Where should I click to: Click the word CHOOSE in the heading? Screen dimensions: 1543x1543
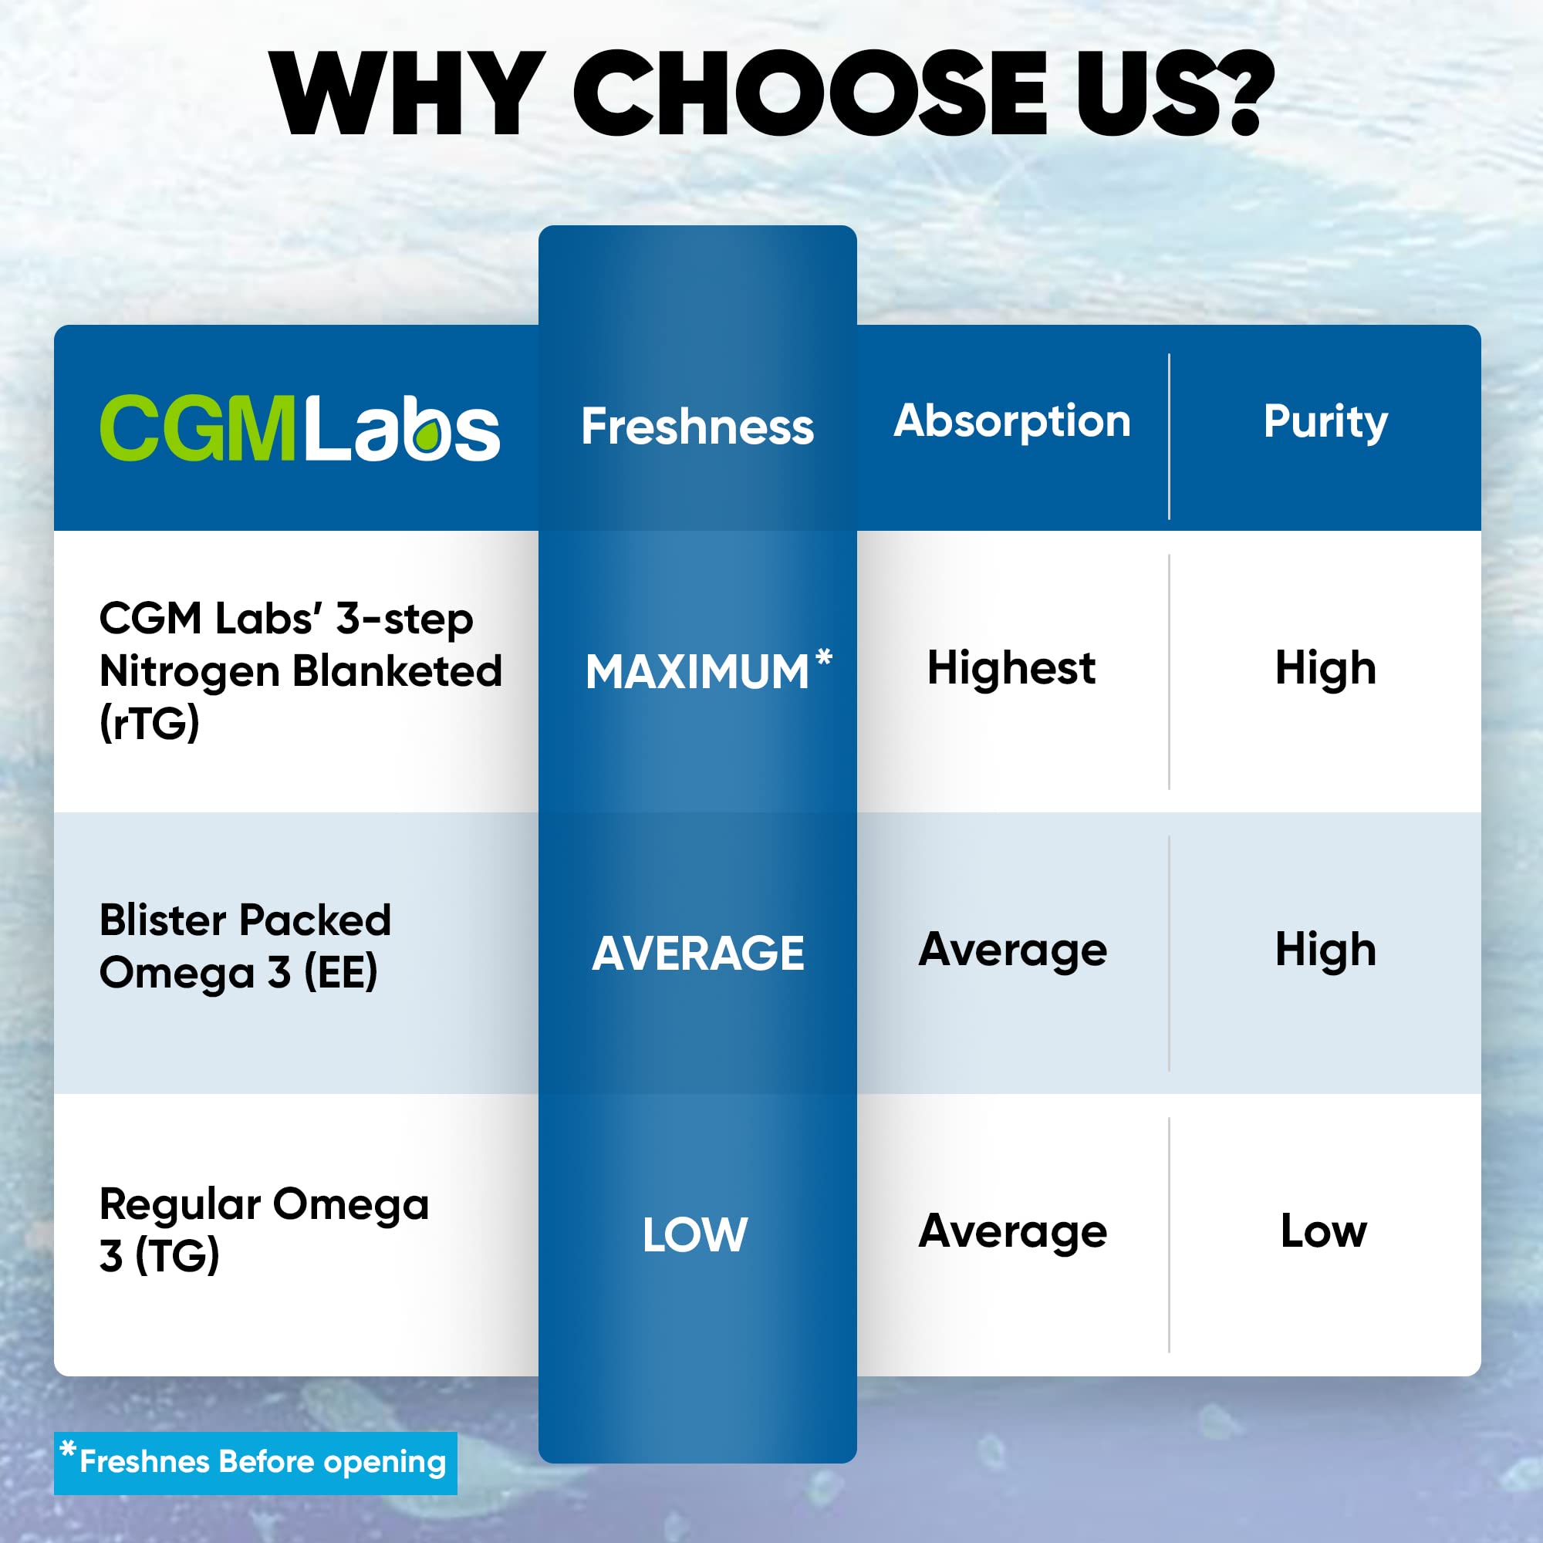(x=810, y=94)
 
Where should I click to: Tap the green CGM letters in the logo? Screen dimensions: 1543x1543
(x=197, y=428)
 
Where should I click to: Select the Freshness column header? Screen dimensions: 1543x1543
(x=697, y=427)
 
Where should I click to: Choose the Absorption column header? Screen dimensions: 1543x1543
(x=1012, y=422)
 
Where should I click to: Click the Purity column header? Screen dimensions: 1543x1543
(x=1325, y=422)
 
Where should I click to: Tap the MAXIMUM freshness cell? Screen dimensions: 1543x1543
(x=697, y=672)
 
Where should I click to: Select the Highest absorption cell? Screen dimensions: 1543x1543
(x=1011, y=667)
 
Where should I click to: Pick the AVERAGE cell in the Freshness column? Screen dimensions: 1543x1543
(x=697, y=953)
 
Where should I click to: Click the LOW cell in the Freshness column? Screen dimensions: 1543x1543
(x=695, y=1234)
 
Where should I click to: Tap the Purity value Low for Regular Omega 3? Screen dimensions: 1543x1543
(x=1323, y=1231)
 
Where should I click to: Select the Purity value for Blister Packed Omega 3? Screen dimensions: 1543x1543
(x=1325, y=950)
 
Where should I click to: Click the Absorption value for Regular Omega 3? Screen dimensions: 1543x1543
(x=1012, y=1231)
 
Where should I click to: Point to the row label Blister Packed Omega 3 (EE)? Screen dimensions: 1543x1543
(x=245, y=947)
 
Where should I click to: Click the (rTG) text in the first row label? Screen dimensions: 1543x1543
(x=150, y=723)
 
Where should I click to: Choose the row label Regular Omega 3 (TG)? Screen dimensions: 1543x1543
(x=264, y=1229)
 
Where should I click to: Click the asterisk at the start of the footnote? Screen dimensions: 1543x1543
(x=69, y=1449)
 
